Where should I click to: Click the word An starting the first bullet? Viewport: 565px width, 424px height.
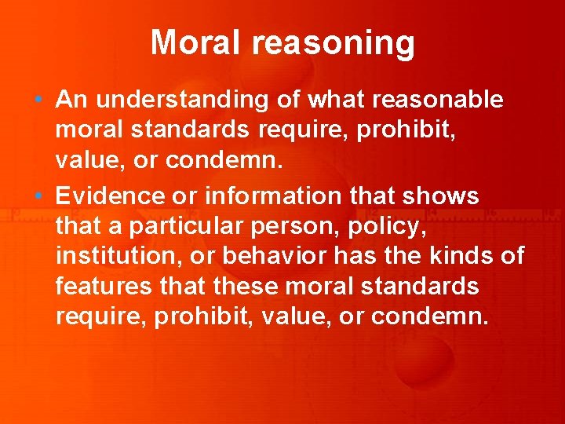(70, 101)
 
